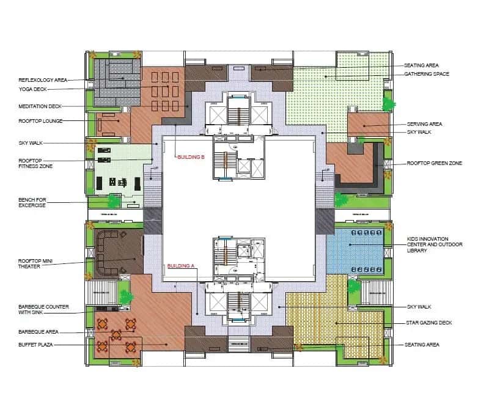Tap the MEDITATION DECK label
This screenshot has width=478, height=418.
pos(39,106)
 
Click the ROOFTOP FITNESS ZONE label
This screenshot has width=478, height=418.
pos(34,164)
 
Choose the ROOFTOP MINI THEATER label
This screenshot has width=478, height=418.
pos(35,263)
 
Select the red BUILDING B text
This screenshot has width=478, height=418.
pos(189,157)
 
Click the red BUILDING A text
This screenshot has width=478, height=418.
pos(181,266)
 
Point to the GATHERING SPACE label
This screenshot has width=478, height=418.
pos(427,75)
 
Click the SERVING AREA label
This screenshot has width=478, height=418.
pos(424,124)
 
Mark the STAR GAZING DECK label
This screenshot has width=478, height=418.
pos(428,323)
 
